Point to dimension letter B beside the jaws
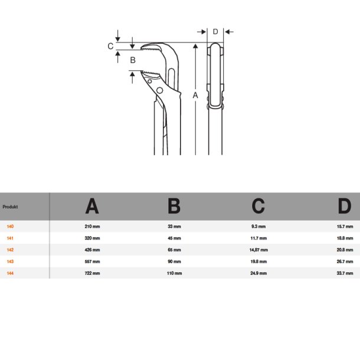(133, 60)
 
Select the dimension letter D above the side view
(215, 31)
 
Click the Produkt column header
(10, 207)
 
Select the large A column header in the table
(92, 206)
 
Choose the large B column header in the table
(174, 206)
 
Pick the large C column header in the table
(258, 206)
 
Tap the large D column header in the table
(344, 206)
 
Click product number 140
(10, 227)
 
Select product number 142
(10, 250)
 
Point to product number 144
(10, 273)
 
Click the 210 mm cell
(93, 227)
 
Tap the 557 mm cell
(93, 261)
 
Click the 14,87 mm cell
(258, 250)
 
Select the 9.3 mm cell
(258, 227)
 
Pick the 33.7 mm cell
(345, 273)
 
